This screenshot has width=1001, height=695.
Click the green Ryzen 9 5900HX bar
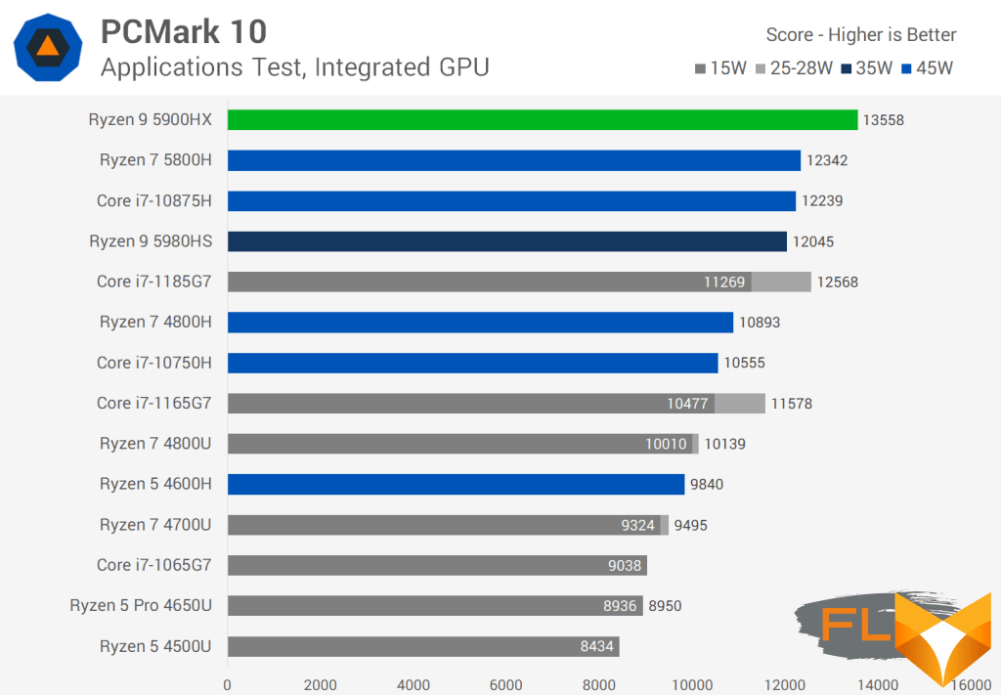[x=543, y=119]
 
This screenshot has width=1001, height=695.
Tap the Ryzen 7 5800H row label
[x=155, y=160]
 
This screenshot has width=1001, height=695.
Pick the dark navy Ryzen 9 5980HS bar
[x=507, y=241]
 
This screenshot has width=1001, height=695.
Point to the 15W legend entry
[x=721, y=68]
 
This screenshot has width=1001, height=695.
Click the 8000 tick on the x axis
[x=599, y=684]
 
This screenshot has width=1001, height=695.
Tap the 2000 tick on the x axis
[x=321, y=684]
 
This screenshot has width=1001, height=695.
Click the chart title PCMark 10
[x=183, y=31]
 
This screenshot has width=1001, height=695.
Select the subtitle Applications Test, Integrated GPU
[x=294, y=66]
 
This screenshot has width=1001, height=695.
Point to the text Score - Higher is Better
[x=861, y=35]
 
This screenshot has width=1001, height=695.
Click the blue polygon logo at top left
[x=48, y=47]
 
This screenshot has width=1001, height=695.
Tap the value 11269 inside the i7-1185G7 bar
[x=724, y=282]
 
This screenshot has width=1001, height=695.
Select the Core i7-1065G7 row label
[x=153, y=565]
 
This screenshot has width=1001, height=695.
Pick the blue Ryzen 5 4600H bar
[x=456, y=484]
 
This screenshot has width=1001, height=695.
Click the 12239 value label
[x=823, y=200]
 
